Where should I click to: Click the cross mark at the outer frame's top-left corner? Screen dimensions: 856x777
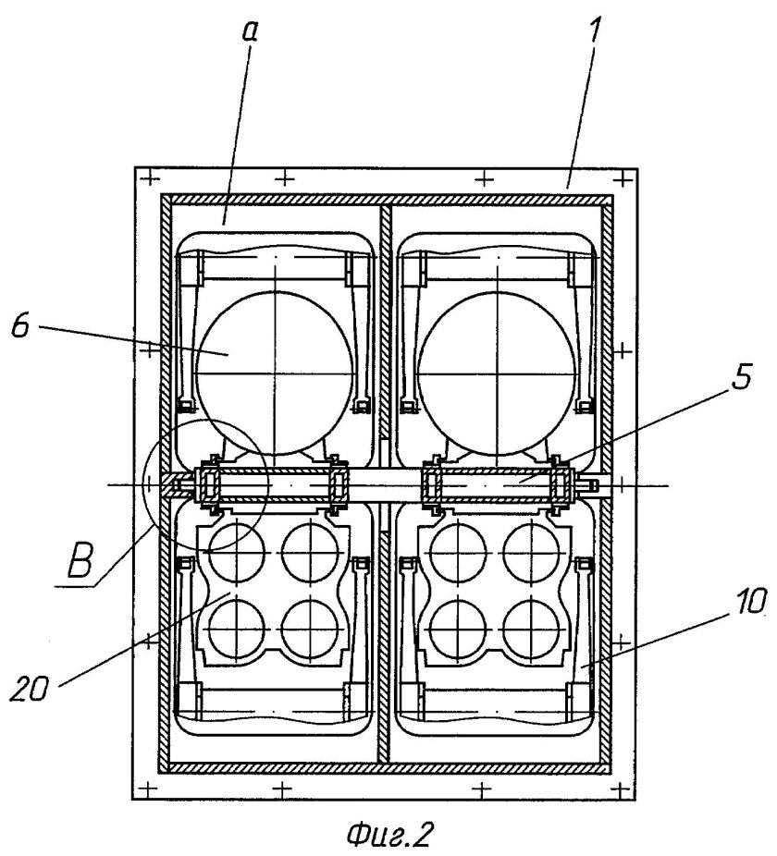(143, 176)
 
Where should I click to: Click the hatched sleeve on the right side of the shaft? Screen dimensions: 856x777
(497, 483)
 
